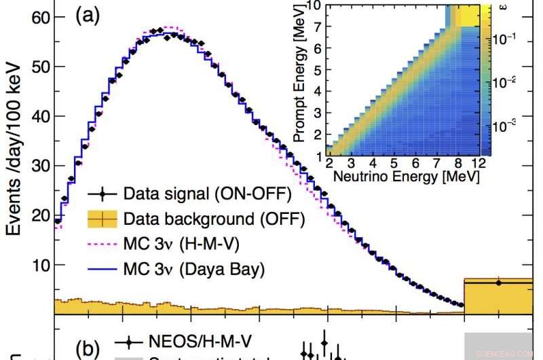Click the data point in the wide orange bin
click(x=498, y=283)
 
